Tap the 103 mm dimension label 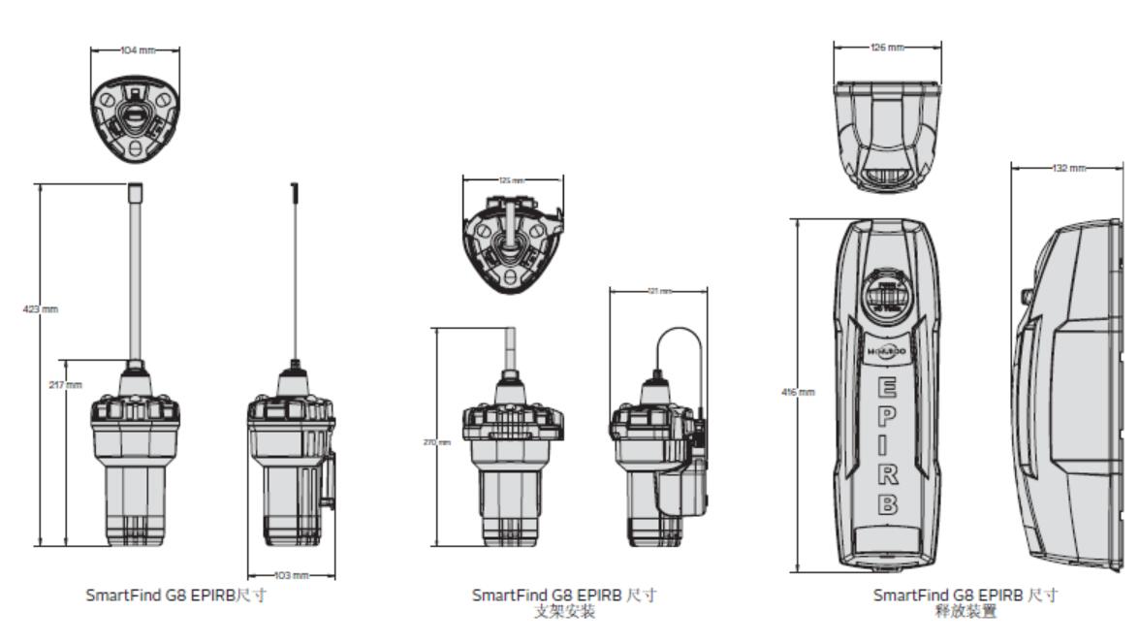(290, 576)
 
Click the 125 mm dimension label (512, 179)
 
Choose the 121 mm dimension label (659, 290)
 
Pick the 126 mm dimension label (888, 47)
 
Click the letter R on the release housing (886, 476)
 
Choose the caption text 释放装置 (966, 612)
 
